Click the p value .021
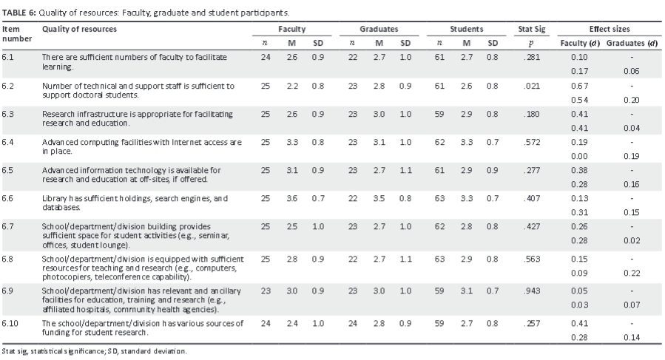coord(531,86)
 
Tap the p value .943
coord(531,294)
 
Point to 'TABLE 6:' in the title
coord(19,13)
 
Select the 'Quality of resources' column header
coord(78,29)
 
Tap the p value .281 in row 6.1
coord(531,57)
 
